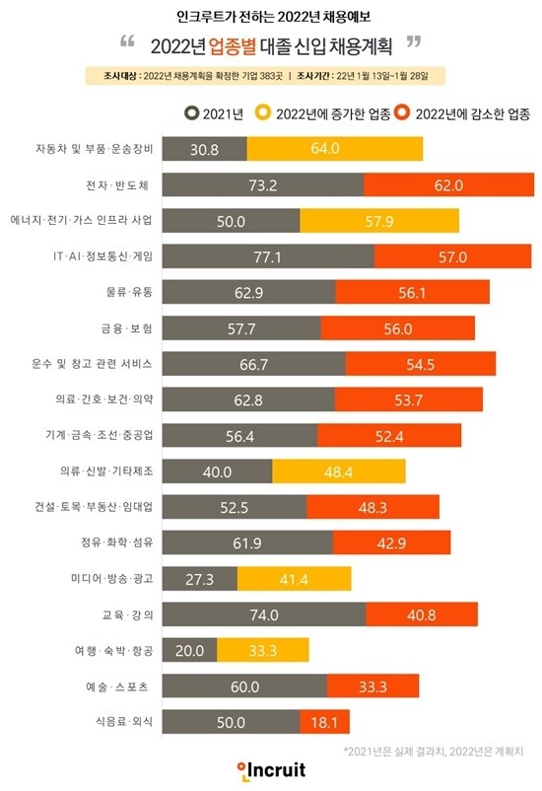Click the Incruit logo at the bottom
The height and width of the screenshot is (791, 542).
[x=271, y=768]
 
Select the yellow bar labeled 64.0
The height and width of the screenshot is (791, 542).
[x=335, y=149]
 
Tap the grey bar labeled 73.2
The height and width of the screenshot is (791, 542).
[x=261, y=184]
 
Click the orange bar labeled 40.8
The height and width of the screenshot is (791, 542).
[x=421, y=613]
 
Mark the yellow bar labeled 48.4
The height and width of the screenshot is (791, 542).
[x=338, y=470]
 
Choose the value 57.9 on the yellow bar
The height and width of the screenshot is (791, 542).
[x=378, y=220]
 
